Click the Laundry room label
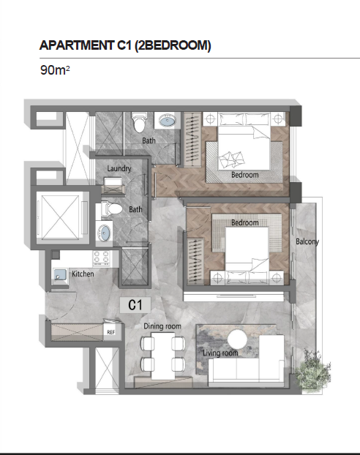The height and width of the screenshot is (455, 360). pyautogui.click(x=119, y=168)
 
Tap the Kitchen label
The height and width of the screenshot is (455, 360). pyautogui.click(x=83, y=274)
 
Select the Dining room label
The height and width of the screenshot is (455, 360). pyautogui.click(x=162, y=326)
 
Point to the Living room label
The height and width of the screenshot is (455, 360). pyautogui.click(x=220, y=353)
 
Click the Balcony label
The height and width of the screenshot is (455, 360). pyautogui.click(x=307, y=241)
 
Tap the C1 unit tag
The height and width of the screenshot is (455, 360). pyautogui.click(x=135, y=305)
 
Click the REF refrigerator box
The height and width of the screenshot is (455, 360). pyautogui.click(x=110, y=332)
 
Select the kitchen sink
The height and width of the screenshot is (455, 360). pyautogui.click(x=61, y=274)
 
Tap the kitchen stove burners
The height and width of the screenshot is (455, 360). pyautogui.click(x=101, y=258)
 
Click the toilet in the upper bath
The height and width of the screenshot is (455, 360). pyautogui.click(x=139, y=122)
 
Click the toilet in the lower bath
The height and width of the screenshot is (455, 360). pyautogui.click(x=112, y=209)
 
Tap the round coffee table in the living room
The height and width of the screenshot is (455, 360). pyautogui.click(x=237, y=339)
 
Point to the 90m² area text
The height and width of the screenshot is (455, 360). pyautogui.click(x=55, y=70)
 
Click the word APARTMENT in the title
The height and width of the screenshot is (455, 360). pyautogui.click(x=77, y=45)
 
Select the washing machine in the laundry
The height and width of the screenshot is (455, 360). pyautogui.click(x=113, y=186)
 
